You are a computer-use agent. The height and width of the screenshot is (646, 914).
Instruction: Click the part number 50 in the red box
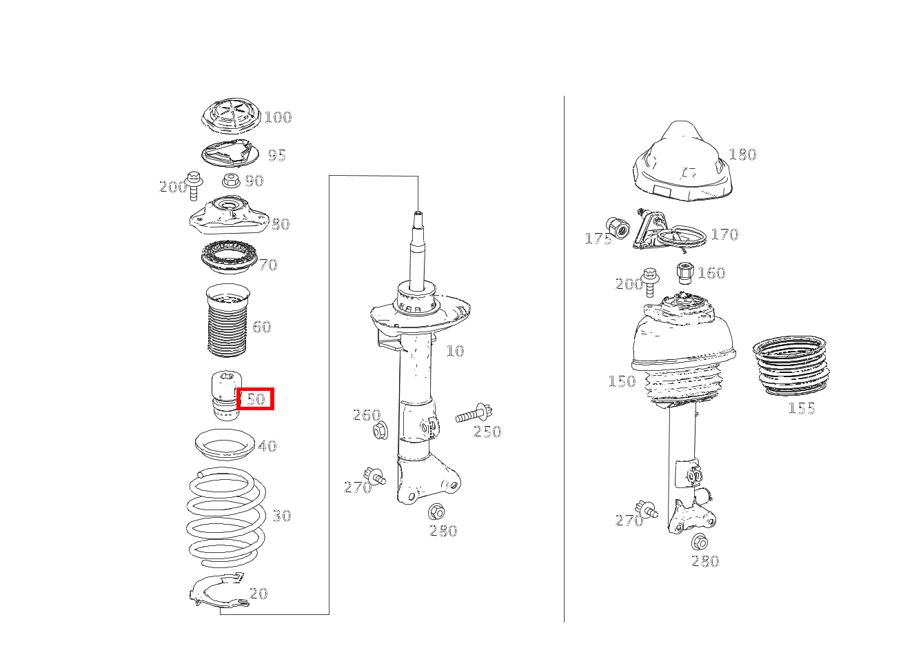[x=256, y=398]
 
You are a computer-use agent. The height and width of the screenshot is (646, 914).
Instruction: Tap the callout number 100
[x=278, y=117]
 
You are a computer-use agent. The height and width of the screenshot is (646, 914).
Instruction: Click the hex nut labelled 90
[x=231, y=181]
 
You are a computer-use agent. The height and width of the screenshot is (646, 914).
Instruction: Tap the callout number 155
[x=802, y=409]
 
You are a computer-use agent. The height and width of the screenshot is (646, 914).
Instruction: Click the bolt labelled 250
[x=474, y=414]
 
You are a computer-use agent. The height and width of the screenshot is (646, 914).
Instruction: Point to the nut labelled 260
[x=380, y=431]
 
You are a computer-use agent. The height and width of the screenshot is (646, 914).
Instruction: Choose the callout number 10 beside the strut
[x=455, y=351]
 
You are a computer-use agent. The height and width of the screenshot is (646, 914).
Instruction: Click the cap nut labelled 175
[x=618, y=228]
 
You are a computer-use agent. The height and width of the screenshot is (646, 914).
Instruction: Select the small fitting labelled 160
[x=684, y=273]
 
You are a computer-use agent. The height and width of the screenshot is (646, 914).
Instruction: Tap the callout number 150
[x=622, y=381]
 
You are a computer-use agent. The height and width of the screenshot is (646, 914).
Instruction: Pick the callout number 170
[x=724, y=234]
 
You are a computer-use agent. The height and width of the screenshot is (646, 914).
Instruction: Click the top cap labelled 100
[x=231, y=117]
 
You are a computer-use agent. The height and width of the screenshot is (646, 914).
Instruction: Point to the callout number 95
[x=276, y=156]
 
